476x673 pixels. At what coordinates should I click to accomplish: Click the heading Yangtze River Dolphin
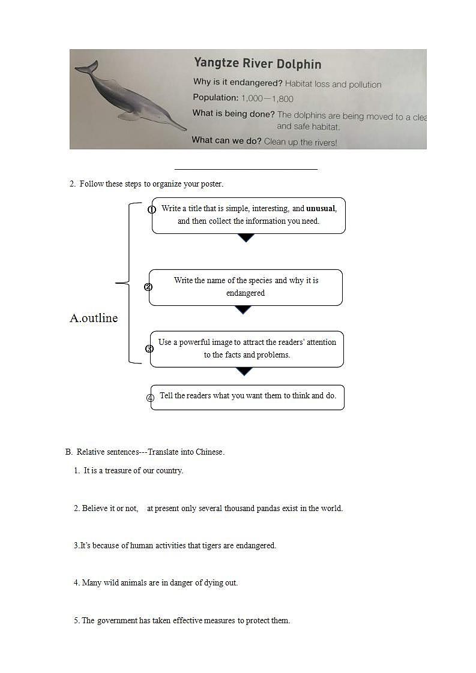tap(257, 64)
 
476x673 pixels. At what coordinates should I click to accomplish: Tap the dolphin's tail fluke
tap(86, 68)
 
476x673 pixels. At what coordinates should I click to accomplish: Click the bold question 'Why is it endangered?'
tap(238, 83)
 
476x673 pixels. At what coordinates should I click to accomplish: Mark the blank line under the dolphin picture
tap(246, 169)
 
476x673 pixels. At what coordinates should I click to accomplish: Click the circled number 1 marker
tap(152, 209)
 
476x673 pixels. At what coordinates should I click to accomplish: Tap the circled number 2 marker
tap(148, 287)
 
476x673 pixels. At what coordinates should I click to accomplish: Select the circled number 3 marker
tap(149, 348)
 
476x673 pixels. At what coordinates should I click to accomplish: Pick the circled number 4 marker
tap(151, 397)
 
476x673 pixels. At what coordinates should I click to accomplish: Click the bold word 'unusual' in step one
tap(321, 209)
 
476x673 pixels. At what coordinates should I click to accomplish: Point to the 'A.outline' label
tap(94, 319)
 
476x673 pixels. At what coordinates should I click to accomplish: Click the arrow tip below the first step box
tap(246, 238)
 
